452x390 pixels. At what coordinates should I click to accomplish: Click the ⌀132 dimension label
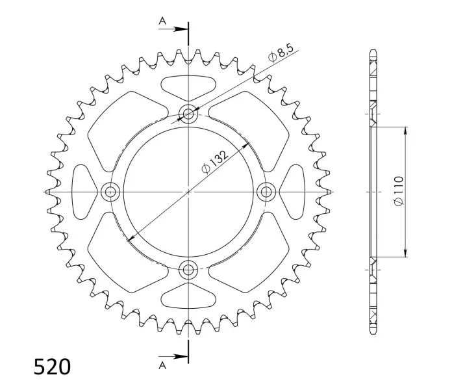point(215,162)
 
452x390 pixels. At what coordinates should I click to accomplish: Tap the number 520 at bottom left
point(52,367)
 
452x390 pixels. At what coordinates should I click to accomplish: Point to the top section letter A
point(162,21)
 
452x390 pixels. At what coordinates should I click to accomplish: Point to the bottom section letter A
point(162,365)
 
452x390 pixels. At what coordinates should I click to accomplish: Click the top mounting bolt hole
point(188,114)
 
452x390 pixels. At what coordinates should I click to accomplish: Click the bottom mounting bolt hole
point(188,270)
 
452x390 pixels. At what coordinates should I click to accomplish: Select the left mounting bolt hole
point(110,192)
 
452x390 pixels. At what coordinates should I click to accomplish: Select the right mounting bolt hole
point(266,192)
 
